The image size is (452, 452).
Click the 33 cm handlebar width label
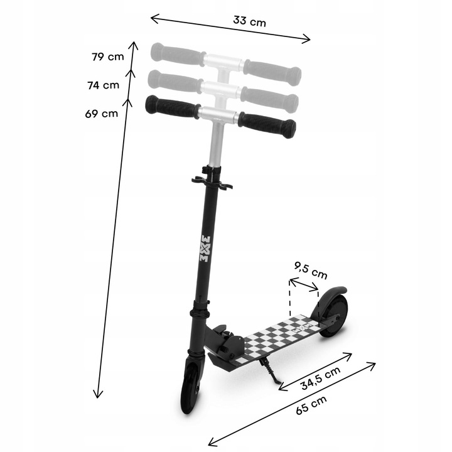coord(249,20)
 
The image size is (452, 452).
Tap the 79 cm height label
coord(107,56)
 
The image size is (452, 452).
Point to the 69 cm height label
coord(101,114)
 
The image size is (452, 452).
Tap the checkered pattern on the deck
coord(276,339)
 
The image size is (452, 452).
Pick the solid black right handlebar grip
coord(267,124)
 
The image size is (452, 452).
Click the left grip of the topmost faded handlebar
coord(176,53)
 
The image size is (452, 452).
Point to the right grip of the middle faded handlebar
coord(270,97)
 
